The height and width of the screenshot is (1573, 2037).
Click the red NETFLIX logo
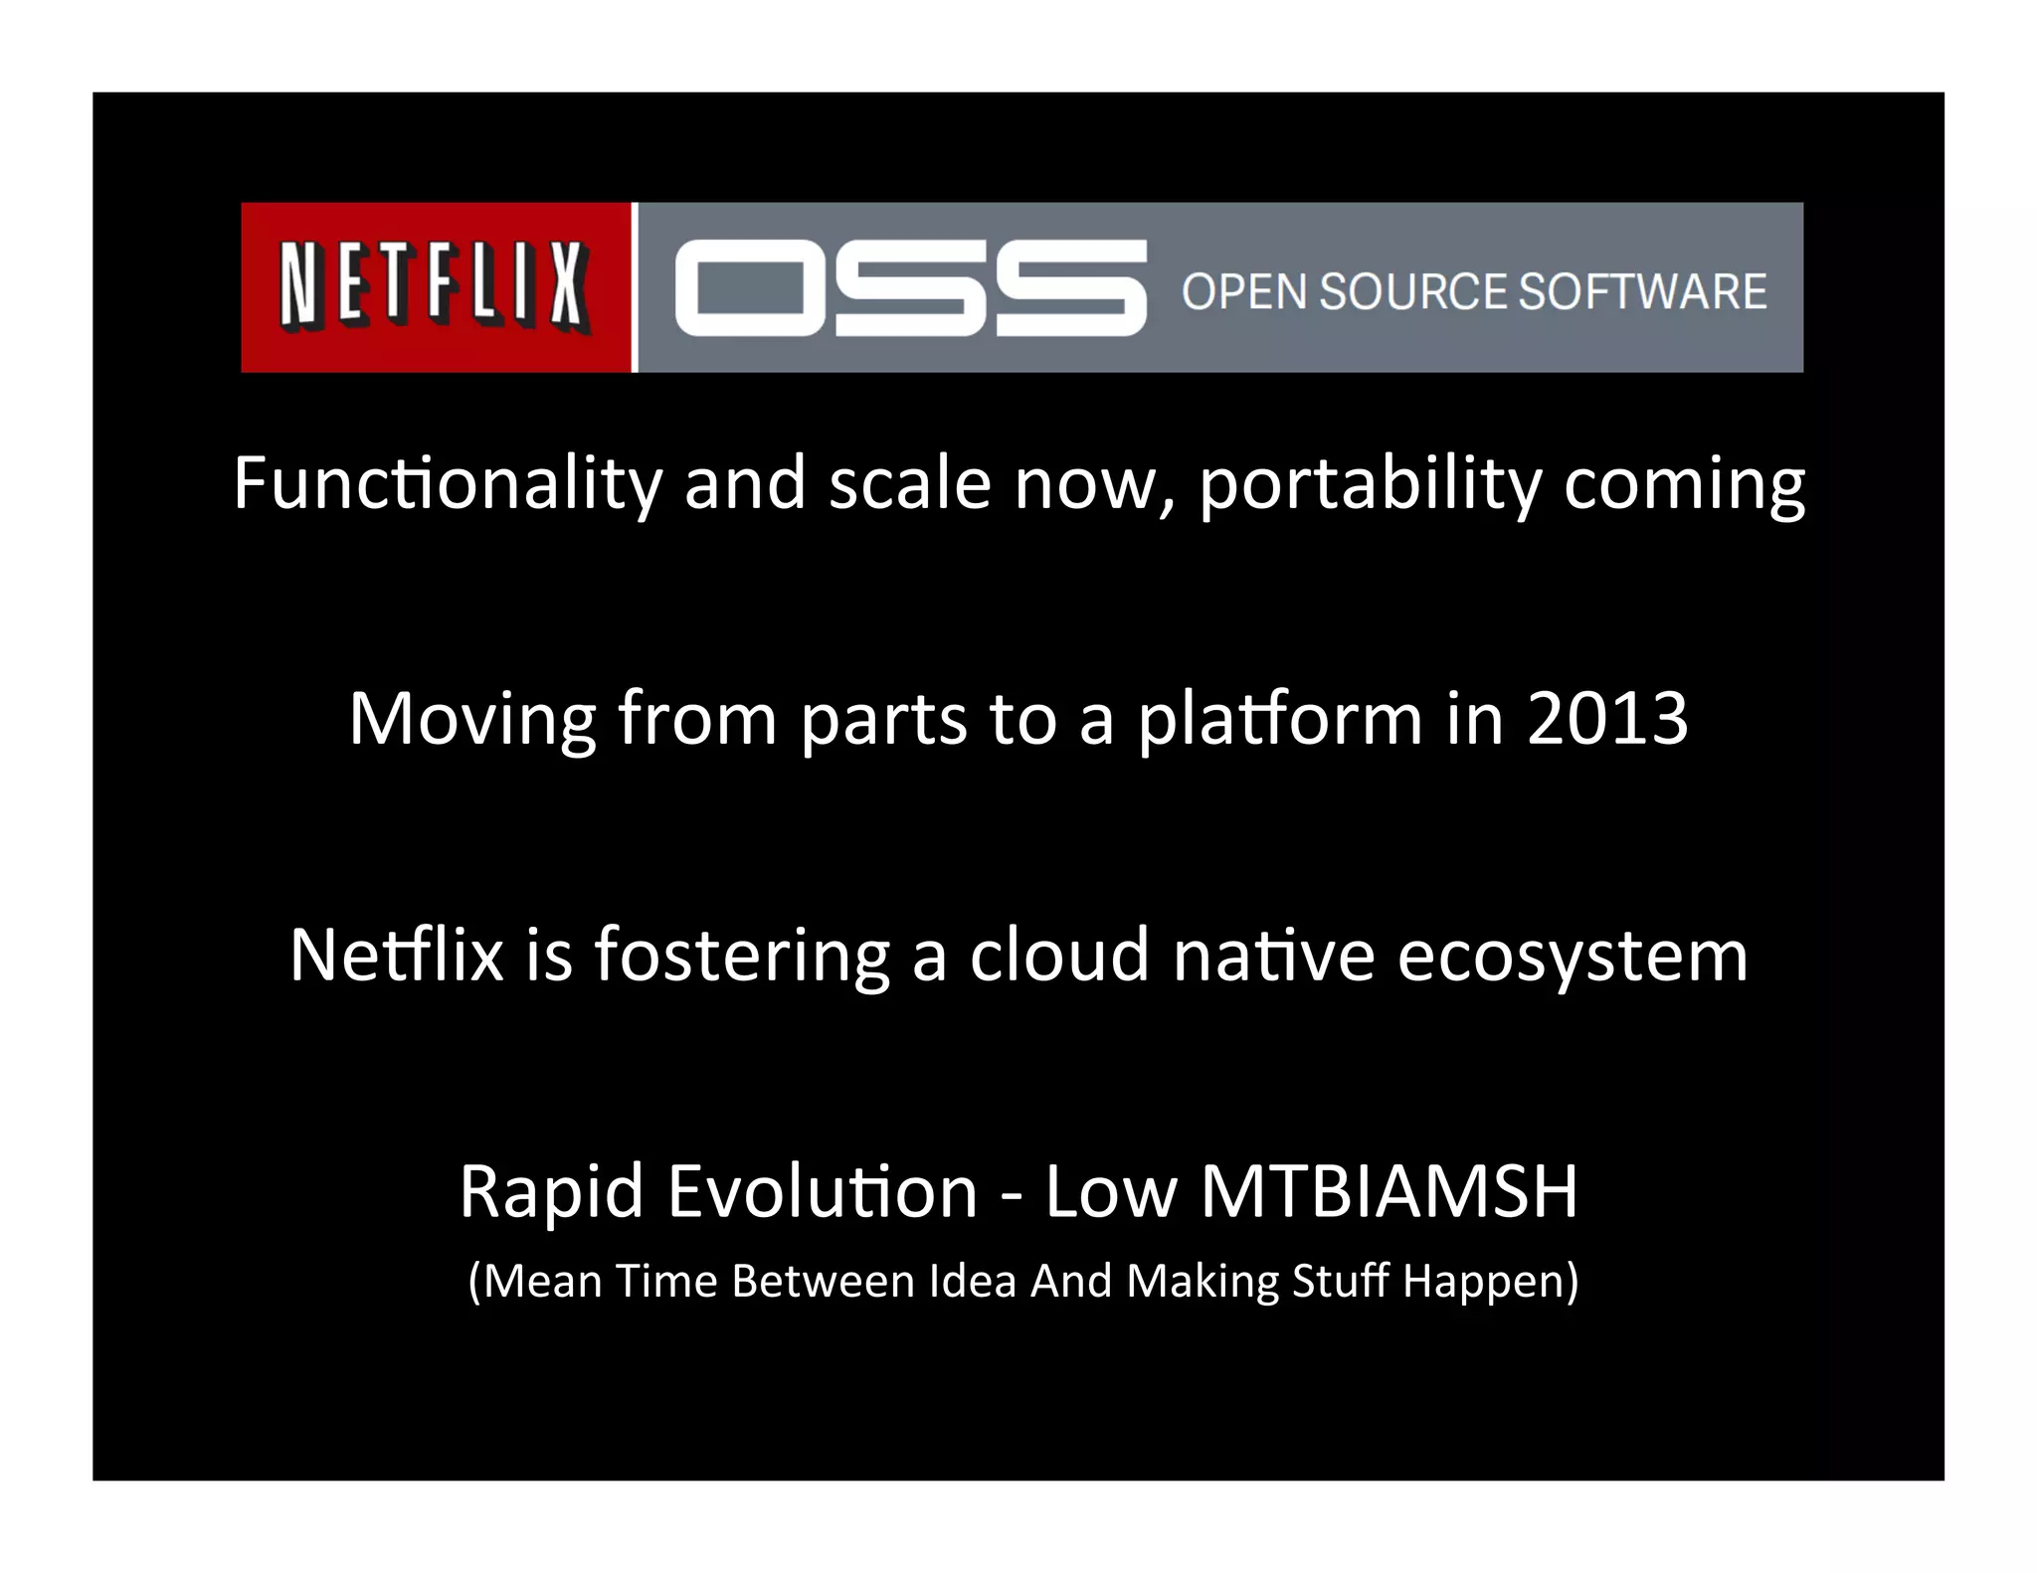[x=435, y=287]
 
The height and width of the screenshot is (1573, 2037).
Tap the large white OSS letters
[x=909, y=287]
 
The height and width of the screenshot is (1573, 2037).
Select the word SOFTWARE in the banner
[x=1642, y=292]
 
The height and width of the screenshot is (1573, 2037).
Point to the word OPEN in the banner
[x=1244, y=292]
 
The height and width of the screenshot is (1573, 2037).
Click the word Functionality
[x=447, y=484]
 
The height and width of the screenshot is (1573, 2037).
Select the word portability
[x=1370, y=484]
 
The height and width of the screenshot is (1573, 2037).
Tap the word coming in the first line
[x=1684, y=484]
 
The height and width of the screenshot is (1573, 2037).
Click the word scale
[x=909, y=484]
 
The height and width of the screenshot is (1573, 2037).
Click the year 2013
[x=1607, y=718]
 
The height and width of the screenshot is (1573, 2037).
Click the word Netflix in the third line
[x=396, y=955]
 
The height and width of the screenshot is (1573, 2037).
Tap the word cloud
[x=1058, y=955]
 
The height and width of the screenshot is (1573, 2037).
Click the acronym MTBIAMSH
[x=1389, y=1191]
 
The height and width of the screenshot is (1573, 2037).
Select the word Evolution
[x=823, y=1191]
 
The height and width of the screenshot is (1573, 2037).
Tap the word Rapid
[x=551, y=1191]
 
